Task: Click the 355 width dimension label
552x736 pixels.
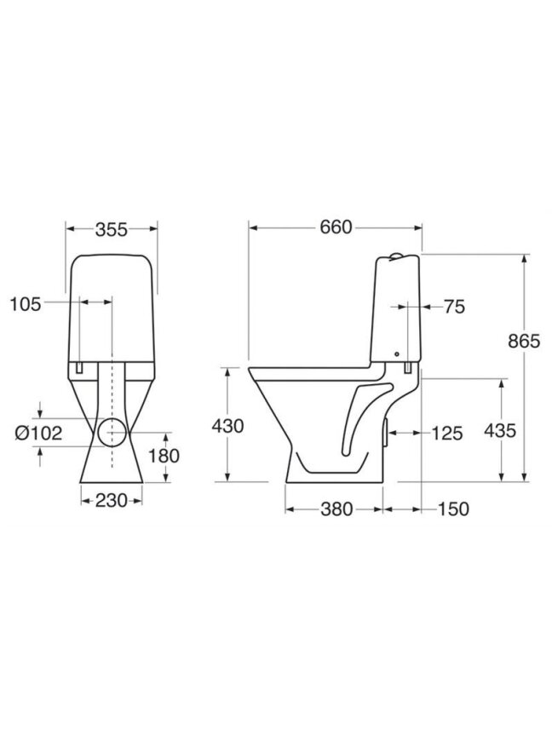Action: point(112,229)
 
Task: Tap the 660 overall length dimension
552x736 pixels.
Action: point(336,227)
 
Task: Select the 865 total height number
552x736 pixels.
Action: point(524,342)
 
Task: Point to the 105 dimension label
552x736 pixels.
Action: point(26,305)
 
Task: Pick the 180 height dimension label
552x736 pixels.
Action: point(164,456)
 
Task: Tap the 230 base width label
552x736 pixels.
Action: point(112,500)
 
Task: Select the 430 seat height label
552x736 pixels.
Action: point(227,426)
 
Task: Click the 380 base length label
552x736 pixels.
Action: point(336,509)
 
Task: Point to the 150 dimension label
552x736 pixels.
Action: point(453,509)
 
